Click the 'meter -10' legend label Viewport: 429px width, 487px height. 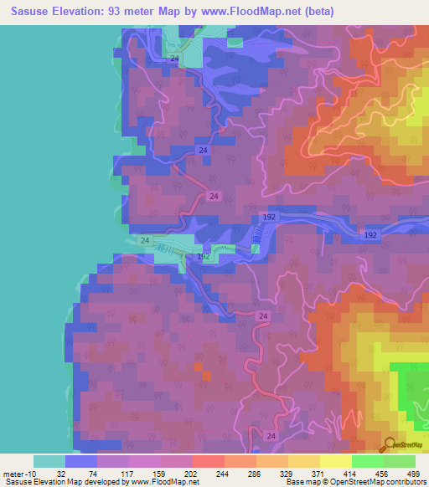(18, 474)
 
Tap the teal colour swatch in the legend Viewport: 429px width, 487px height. (49, 461)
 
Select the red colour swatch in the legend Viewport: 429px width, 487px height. (209, 461)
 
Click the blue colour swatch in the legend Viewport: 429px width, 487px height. (81, 461)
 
